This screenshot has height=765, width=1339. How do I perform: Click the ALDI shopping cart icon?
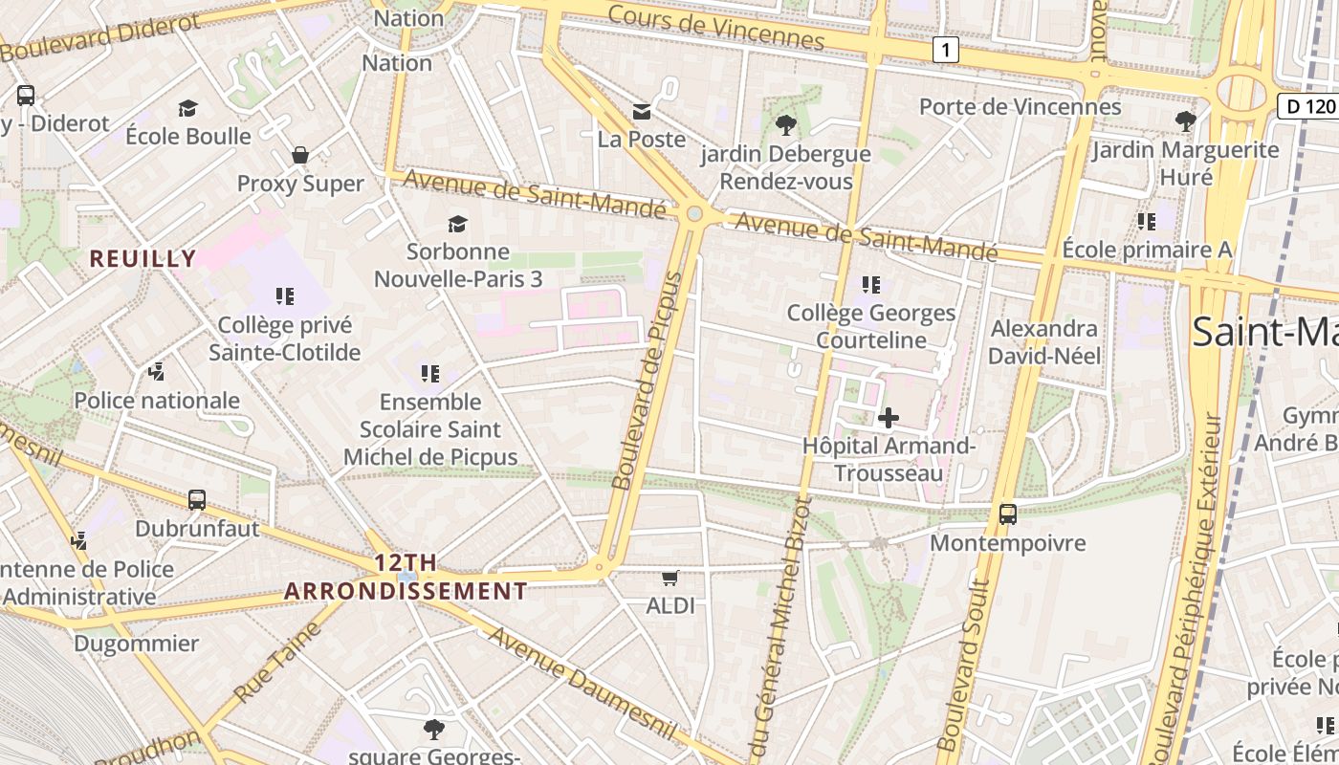[670, 578]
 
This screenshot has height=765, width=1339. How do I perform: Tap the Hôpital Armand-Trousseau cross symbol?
[888, 418]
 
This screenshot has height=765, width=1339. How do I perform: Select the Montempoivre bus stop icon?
[1008, 514]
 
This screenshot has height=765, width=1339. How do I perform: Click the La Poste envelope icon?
[642, 112]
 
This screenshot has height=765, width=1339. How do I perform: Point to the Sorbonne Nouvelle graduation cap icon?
[458, 224]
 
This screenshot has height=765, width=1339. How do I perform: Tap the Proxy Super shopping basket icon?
[300, 155]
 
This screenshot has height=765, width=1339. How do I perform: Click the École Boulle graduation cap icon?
[187, 109]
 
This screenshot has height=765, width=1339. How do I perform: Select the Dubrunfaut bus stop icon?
[197, 499]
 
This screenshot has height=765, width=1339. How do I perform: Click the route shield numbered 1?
[945, 50]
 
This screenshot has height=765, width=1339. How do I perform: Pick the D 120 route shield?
[1306, 106]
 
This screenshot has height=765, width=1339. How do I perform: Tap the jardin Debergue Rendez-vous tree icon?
[786, 124]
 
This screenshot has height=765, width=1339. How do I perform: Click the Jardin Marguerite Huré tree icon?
[1185, 120]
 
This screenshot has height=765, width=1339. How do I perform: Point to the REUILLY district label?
[143, 258]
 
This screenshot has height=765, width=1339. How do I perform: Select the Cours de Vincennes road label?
[715, 27]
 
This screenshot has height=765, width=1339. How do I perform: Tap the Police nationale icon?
[157, 371]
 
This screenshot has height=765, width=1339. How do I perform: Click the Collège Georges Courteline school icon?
[870, 284]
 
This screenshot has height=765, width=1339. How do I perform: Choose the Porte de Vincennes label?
[1020, 106]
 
